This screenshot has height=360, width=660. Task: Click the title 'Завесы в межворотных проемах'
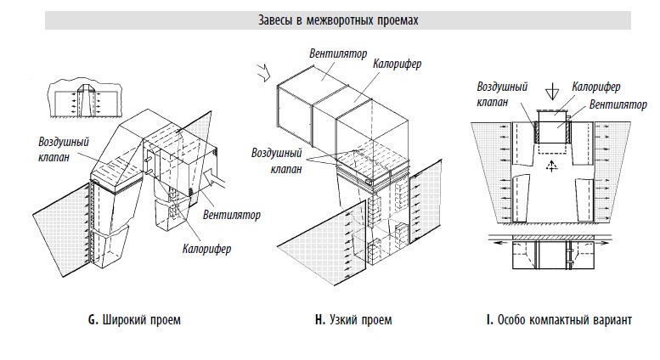[x=338, y=20]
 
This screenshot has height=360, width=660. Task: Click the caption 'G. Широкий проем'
[x=134, y=320]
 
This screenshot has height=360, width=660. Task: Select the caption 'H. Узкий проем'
[x=353, y=320]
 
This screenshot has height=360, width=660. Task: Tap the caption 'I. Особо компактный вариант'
[x=559, y=320]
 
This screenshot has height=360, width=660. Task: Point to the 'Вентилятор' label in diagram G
[x=232, y=215]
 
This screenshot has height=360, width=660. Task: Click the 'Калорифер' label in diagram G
[x=206, y=249]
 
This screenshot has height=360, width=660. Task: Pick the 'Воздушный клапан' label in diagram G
[x=64, y=149]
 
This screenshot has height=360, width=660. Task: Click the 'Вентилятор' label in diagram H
[x=338, y=53]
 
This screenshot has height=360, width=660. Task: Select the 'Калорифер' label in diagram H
[x=397, y=64]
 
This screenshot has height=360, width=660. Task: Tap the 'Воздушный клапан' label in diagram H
[x=277, y=160]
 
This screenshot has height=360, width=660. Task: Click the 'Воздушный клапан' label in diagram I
[x=502, y=94]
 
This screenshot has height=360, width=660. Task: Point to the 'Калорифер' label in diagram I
[x=596, y=87]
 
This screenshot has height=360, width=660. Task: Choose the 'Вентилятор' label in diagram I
[x=618, y=104]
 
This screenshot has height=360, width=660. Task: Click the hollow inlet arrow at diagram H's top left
[x=263, y=72]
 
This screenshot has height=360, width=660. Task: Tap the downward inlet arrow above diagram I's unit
[x=552, y=92]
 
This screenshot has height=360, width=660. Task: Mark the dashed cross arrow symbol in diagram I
[x=551, y=166]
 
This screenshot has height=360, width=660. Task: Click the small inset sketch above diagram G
[x=85, y=99]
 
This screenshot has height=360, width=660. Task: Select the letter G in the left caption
[x=93, y=320]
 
